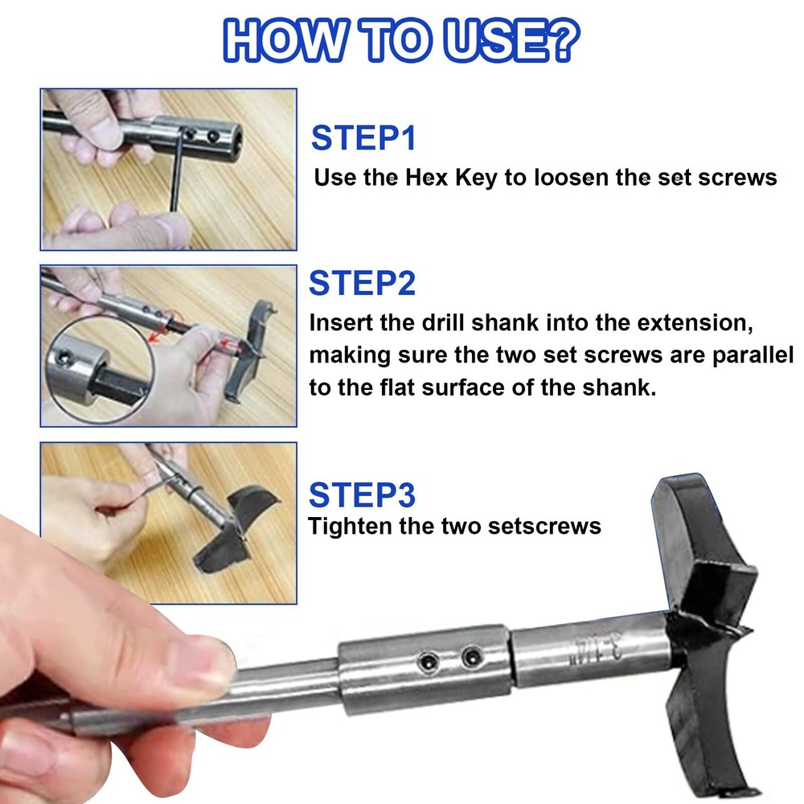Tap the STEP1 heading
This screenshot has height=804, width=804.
(x=363, y=138)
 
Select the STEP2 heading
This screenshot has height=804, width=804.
(x=362, y=283)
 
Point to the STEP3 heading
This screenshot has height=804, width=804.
(x=362, y=494)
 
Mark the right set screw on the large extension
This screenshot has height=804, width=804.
(x=472, y=657)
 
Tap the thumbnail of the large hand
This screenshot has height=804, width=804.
(x=211, y=666)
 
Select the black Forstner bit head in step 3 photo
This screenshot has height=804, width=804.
(x=236, y=530)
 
